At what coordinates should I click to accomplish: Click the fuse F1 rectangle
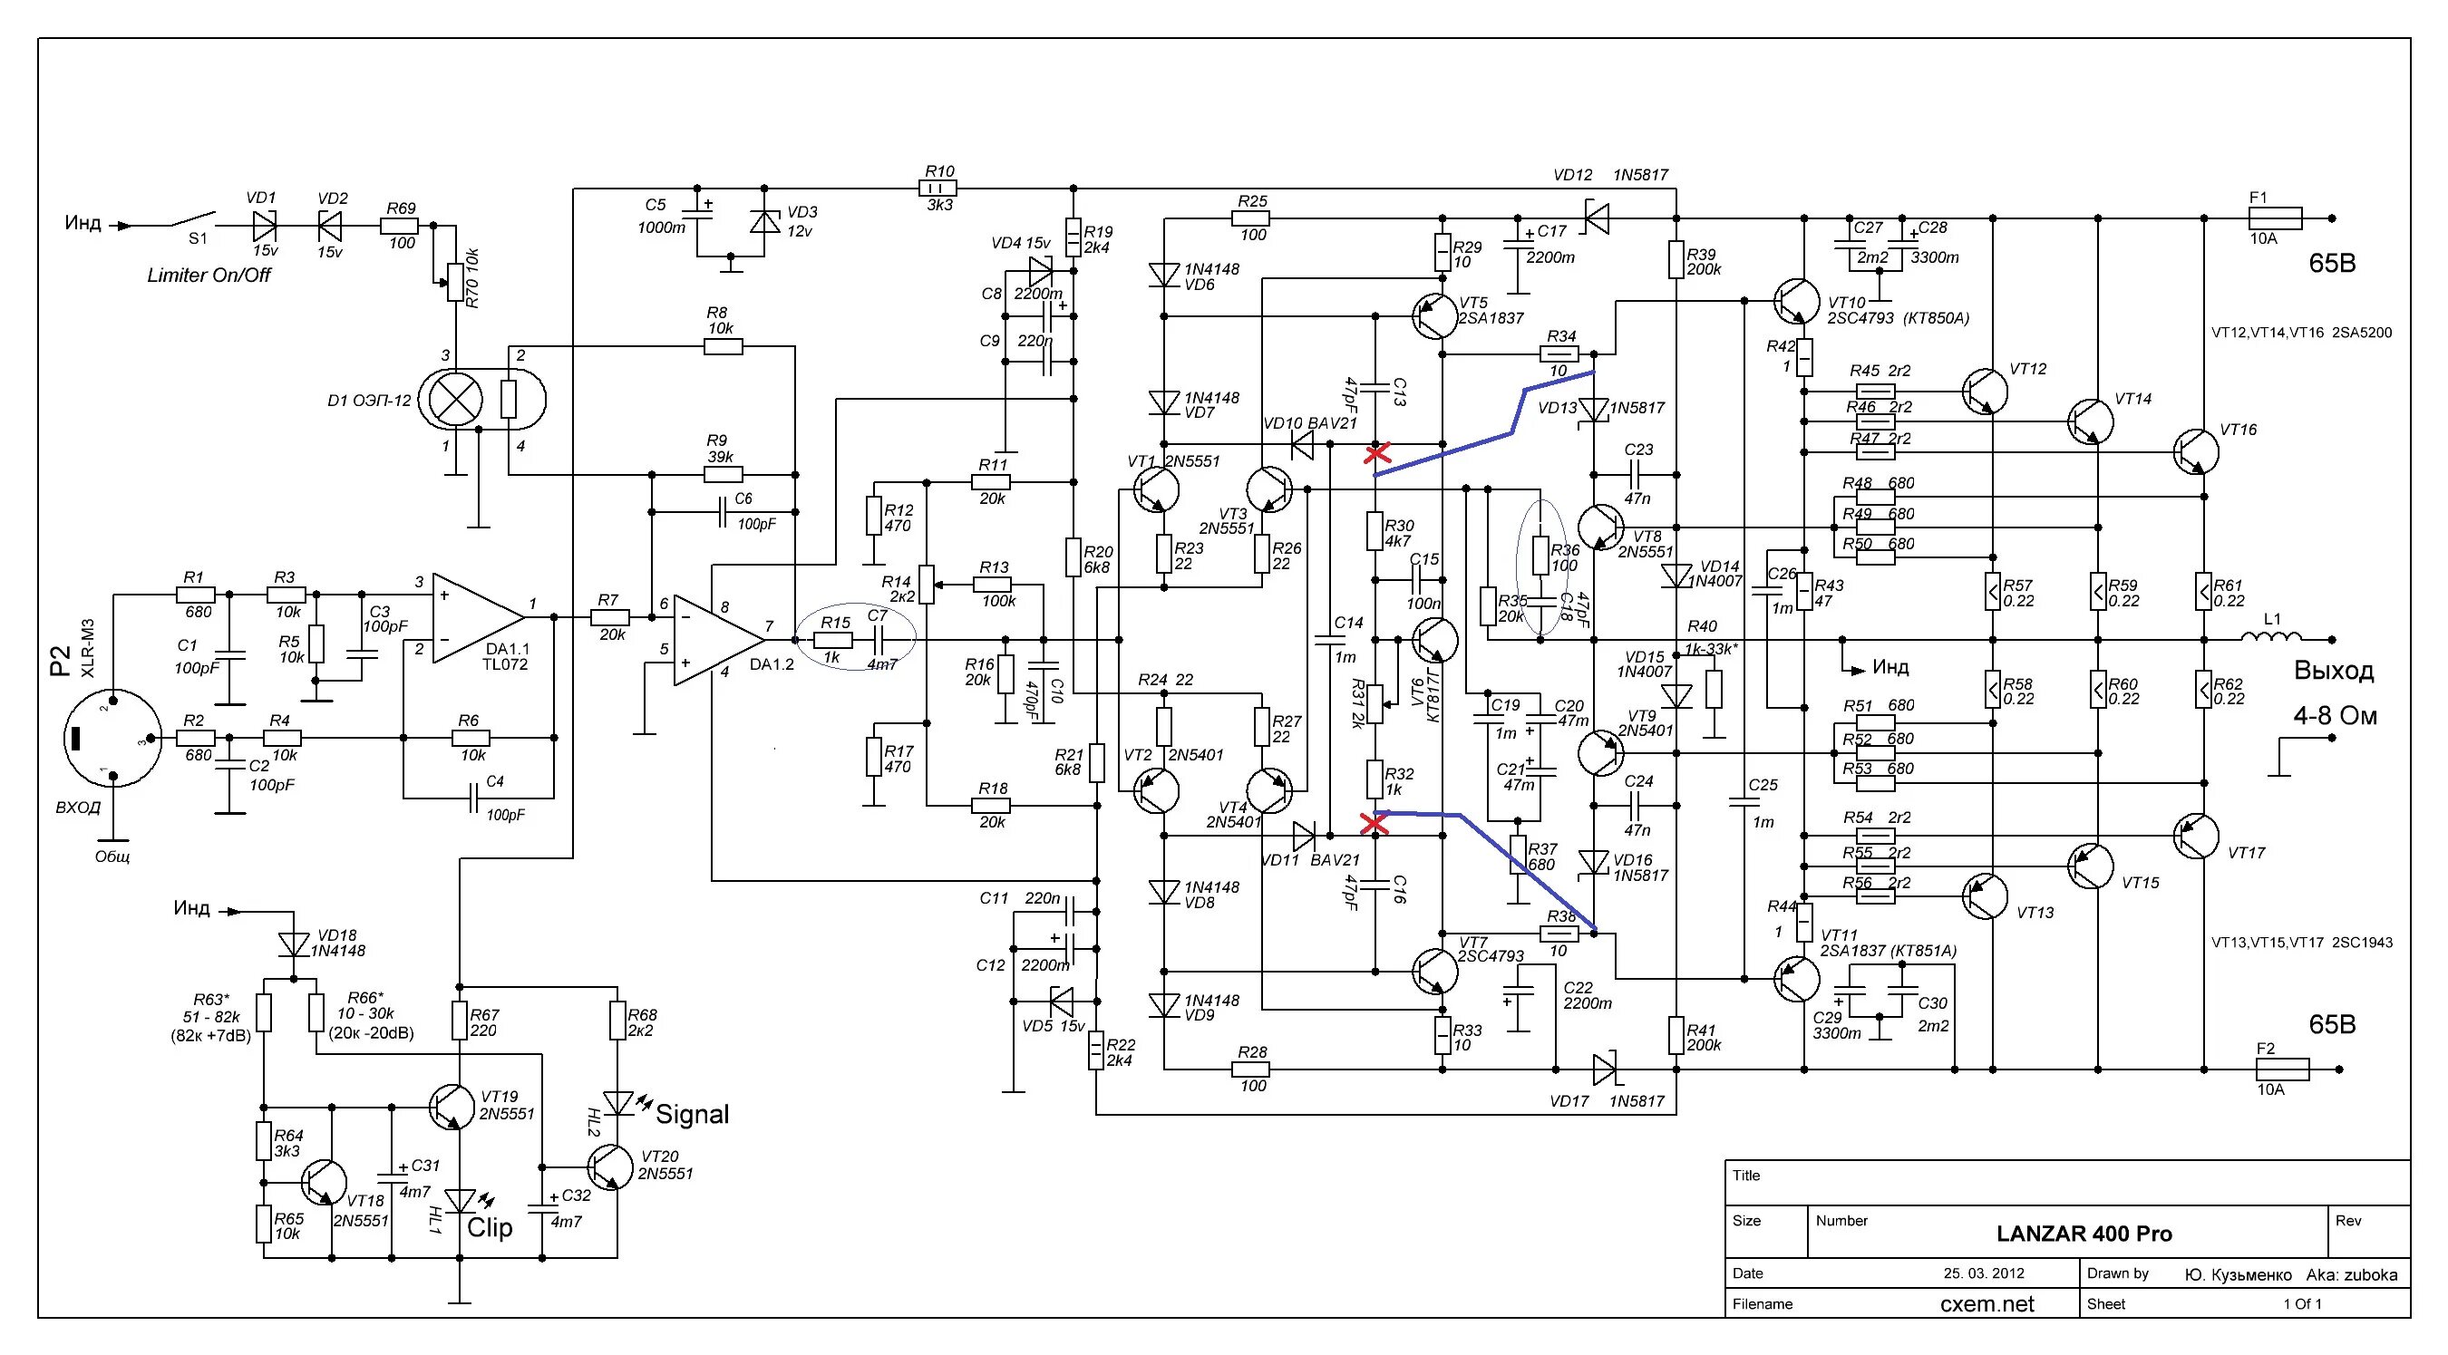tap(2274, 218)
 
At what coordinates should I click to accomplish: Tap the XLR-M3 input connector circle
tap(112, 738)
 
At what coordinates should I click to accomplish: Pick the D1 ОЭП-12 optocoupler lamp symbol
tap(456, 400)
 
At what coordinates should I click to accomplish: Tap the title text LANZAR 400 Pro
tap(2084, 1234)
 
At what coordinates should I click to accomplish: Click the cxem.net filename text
tap(1987, 1303)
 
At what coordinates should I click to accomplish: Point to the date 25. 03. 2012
tap(1983, 1273)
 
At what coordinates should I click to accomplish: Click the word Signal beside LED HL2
tap(692, 1115)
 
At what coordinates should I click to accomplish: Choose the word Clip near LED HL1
tap(490, 1228)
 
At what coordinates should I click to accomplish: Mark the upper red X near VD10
tap(1376, 453)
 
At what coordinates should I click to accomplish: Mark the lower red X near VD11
tap(1375, 823)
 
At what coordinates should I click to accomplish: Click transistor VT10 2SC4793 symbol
tap(1795, 301)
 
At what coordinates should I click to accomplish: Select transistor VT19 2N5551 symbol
tap(452, 1106)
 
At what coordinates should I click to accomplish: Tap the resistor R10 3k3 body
tap(939, 189)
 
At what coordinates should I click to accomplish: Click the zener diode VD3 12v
tap(764, 222)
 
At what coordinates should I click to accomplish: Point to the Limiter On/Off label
tap(209, 276)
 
